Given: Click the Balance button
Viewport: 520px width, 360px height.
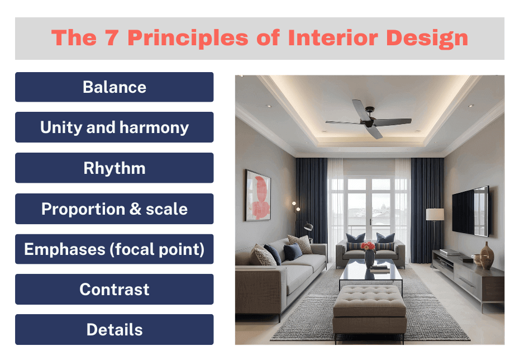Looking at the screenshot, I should click(x=114, y=87).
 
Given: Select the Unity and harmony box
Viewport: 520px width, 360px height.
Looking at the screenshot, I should click(x=114, y=127).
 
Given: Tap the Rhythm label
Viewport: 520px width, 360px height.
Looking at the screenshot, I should click(x=114, y=168).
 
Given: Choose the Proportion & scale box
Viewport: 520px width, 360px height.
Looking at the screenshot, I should click(x=114, y=209).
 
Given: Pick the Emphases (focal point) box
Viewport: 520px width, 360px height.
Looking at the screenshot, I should click(x=114, y=249).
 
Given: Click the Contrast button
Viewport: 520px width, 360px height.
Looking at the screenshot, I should click(x=114, y=290).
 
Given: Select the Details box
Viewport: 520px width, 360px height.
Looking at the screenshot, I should click(x=114, y=330).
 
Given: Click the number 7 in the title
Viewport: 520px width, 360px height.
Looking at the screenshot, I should click(x=111, y=38).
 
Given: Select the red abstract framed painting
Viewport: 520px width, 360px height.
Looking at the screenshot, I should click(x=257, y=196).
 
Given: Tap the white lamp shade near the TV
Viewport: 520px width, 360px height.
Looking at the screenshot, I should click(x=435, y=215).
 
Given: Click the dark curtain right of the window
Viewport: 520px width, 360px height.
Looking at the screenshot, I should click(x=427, y=201).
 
